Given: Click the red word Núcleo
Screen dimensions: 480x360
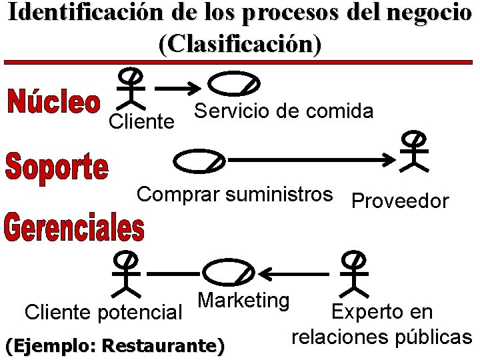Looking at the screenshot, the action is point(54,105).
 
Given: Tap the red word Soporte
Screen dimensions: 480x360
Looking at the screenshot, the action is point(57,167).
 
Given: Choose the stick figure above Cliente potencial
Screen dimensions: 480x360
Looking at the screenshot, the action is point(125,273).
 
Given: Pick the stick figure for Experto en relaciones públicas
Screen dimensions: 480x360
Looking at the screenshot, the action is point(354,273).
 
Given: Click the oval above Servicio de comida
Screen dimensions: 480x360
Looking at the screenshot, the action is point(233,84).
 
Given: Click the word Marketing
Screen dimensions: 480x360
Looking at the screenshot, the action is point(243,300).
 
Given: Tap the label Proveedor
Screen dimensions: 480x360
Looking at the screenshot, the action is point(400,201).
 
